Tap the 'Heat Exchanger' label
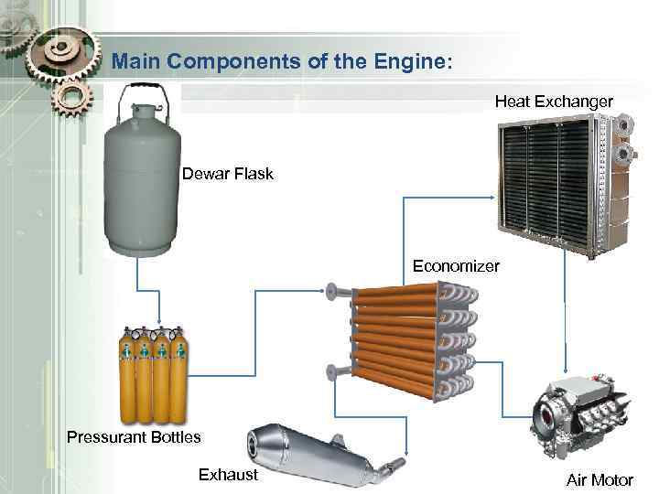pyautogui.click(x=554, y=102)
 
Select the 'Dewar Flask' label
pyautogui.click(x=227, y=174)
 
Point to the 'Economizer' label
pyautogui.click(x=456, y=266)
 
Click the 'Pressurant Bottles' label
pyautogui.click(x=134, y=436)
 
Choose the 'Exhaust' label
pyautogui.click(x=228, y=474)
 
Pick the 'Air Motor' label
pyautogui.click(x=600, y=480)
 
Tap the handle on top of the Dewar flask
pyautogui.click(x=140, y=94)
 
